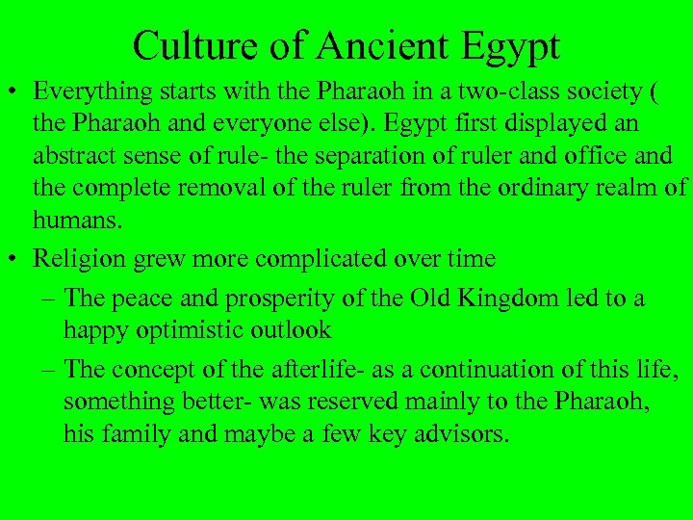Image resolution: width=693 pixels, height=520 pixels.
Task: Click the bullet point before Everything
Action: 14,92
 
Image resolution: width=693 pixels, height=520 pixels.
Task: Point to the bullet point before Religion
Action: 14,259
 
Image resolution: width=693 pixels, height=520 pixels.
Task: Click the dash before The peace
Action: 49,299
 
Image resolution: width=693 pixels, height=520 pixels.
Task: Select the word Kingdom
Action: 493,299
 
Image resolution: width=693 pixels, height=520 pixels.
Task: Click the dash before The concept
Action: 49,369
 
